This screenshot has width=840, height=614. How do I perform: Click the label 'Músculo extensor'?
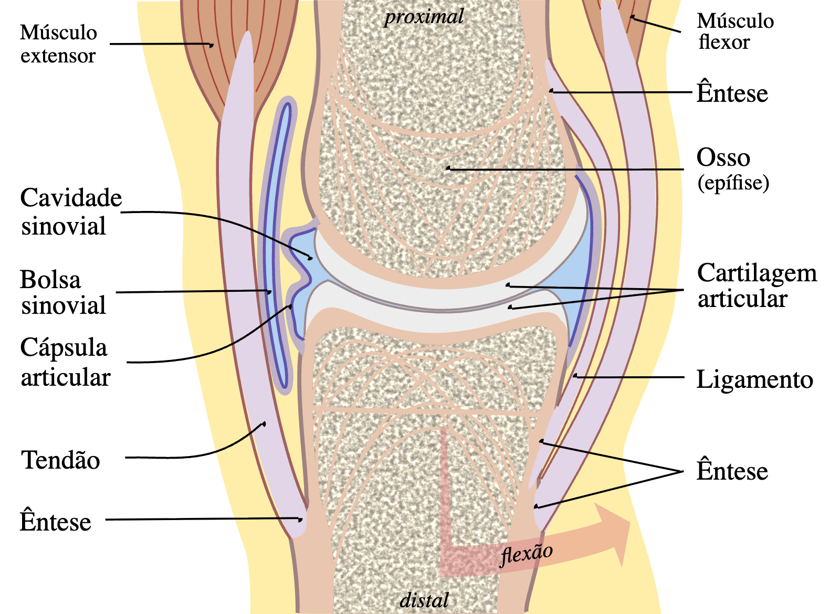point(58,44)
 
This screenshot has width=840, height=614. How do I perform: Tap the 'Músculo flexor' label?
point(736,31)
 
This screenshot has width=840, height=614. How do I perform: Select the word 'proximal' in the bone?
point(424,16)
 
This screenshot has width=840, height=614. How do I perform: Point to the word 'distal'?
point(424,600)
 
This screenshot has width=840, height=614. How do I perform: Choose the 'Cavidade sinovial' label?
point(71,212)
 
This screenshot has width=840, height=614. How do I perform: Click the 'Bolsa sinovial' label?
point(63,292)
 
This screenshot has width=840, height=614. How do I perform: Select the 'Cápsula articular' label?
point(65,362)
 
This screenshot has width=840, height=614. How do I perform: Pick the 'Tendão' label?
point(60,460)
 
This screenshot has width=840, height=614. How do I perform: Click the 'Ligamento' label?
point(754,379)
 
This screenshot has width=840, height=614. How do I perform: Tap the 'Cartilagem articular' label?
point(757,285)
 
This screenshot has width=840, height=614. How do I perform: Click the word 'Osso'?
point(723,158)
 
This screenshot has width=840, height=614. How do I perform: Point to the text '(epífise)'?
point(733,183)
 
